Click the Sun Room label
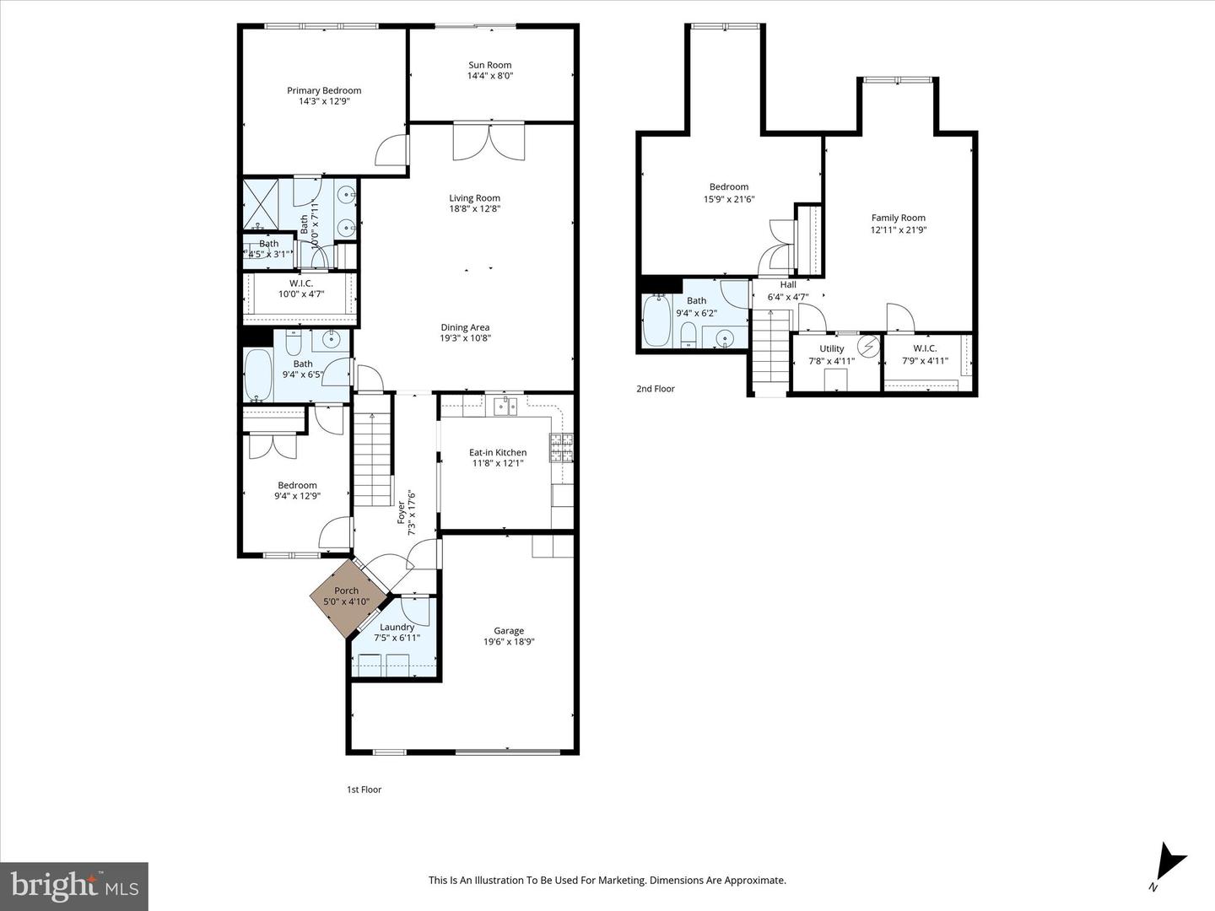[489, 65]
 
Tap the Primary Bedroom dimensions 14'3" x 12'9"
[324, 101]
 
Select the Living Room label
[474, 198]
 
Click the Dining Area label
[464, 327]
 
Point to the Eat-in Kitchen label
[498, 452]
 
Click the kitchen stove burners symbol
[561, 448]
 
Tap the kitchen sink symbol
[505, 407]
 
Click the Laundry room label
[397, 627]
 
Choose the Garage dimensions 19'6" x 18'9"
[509, 642]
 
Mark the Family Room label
[898, 218]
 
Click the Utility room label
[831, 348]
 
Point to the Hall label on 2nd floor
[787, 285]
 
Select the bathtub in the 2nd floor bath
[656, 321]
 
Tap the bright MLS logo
[74, 886]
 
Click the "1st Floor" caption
[364, 790]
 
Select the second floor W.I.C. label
[925, 348]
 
